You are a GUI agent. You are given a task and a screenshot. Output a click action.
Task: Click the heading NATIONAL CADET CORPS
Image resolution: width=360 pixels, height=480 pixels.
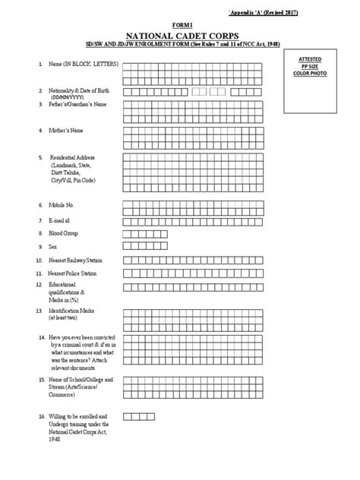(180, 35)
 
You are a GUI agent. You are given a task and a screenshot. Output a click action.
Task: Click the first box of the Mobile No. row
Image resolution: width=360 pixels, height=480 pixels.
(128, 204)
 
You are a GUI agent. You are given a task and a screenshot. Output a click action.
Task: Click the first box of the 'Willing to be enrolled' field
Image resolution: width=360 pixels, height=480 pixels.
(128, 416)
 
